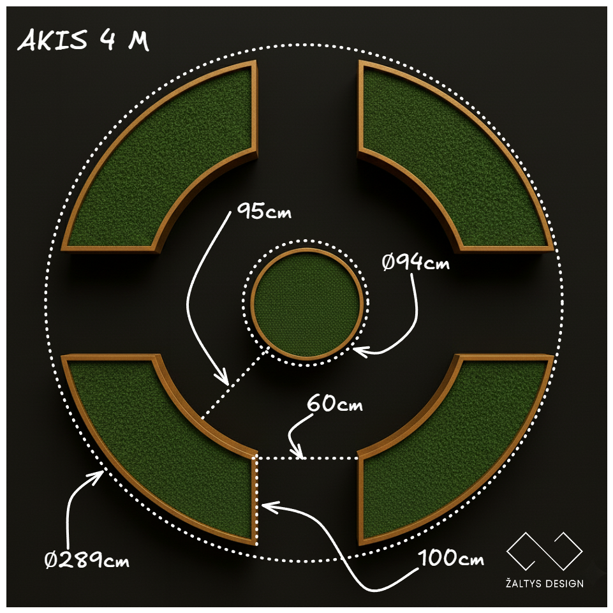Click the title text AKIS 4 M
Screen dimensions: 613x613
83,41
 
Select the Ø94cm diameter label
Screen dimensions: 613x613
416,262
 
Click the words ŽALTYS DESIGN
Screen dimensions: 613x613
544,584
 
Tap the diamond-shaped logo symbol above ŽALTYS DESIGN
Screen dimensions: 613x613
544,550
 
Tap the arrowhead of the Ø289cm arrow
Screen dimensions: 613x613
101,474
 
